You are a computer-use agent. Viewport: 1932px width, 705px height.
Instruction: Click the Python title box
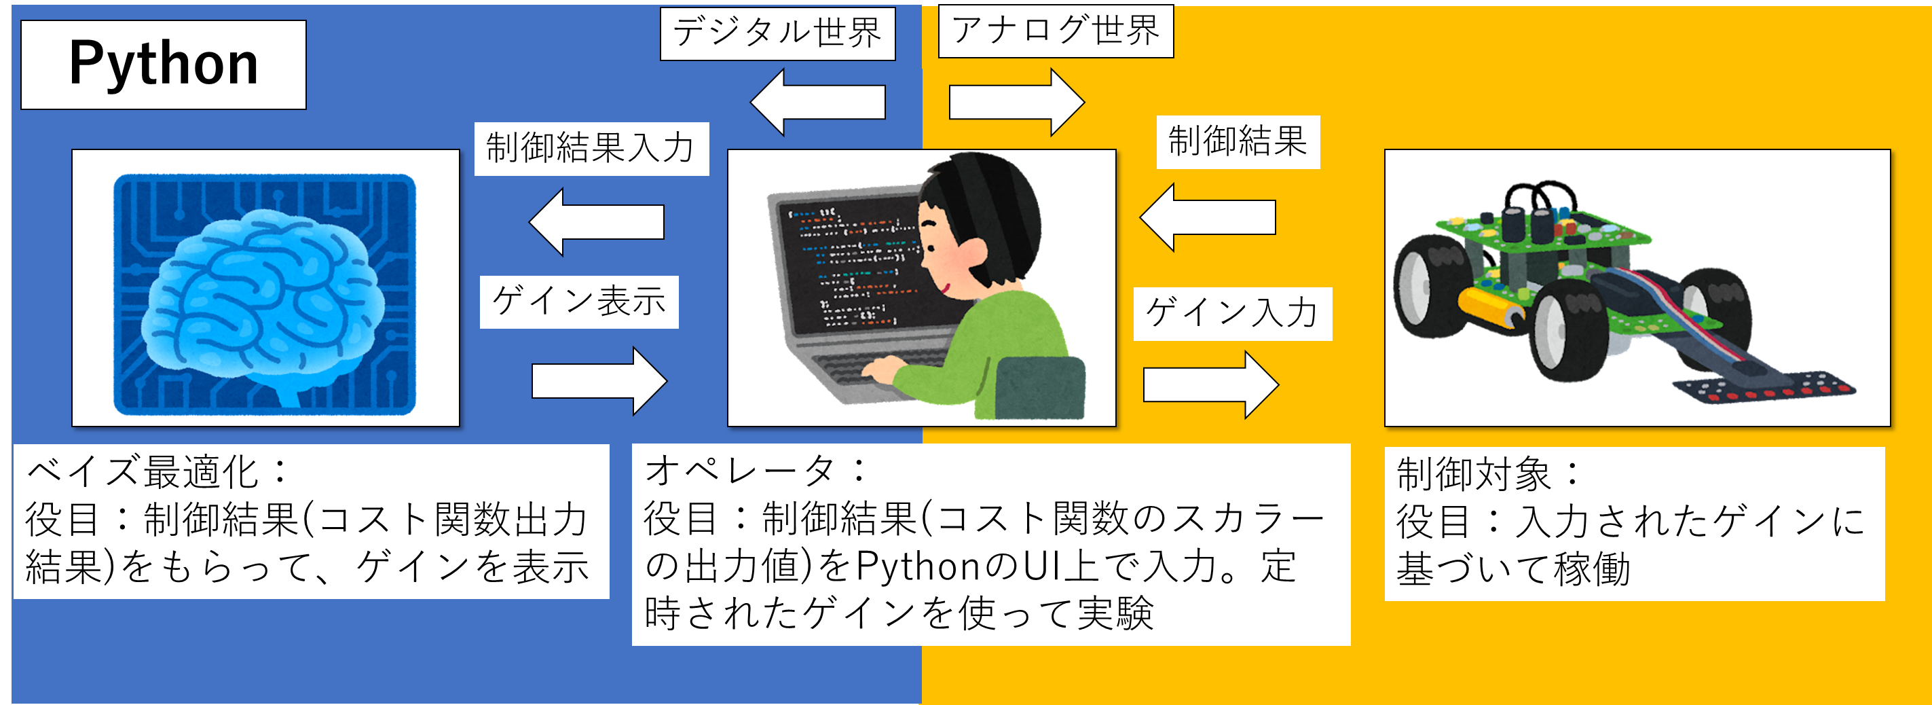(x=164, y=65)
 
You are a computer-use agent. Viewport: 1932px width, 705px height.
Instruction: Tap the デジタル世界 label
(x=778, y=34)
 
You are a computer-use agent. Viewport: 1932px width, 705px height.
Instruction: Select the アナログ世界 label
(x=1056, y=31)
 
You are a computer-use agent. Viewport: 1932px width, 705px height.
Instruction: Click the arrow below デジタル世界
(x=817, y=102)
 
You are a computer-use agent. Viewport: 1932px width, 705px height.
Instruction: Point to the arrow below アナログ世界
(x=1017, y=102)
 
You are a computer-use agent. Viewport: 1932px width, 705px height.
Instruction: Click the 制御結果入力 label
(x=592, y=149)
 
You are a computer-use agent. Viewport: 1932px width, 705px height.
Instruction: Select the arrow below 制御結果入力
(x=596, y=222)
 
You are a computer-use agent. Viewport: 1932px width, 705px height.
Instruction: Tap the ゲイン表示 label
(x=579, y=302)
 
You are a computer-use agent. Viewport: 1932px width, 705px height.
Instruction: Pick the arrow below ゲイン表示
(x=599, y=381)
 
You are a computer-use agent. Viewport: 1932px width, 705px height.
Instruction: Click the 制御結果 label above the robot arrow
(x=1238, y=142)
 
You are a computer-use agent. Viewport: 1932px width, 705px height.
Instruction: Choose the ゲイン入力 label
(x=1232, y=314)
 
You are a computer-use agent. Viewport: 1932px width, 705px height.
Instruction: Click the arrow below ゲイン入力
(x=1210, y=384)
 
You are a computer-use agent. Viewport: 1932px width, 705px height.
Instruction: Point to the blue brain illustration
(x=265, y=294)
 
